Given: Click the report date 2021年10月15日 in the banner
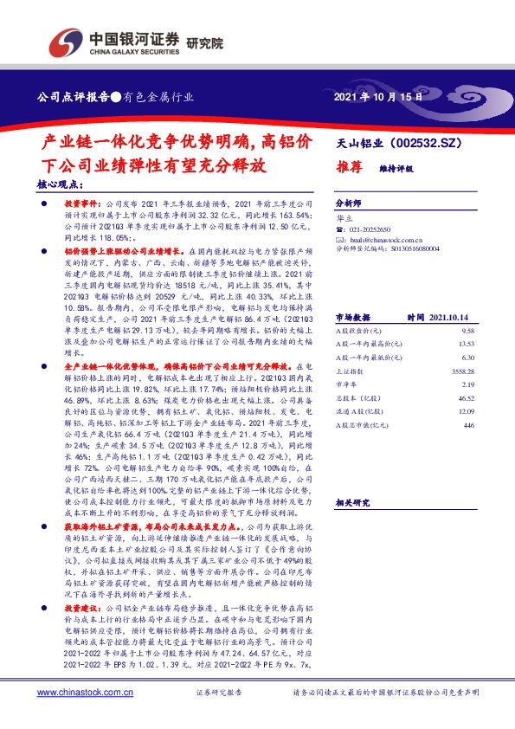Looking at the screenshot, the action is (x=377, y=98).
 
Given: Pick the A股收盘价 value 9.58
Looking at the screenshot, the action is (x=469, y=331).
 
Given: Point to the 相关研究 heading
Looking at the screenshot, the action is (x=352, y=503).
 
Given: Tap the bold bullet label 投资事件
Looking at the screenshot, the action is (x=83, y=202).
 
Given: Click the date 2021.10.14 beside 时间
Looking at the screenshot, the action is (x=447, y=317).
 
